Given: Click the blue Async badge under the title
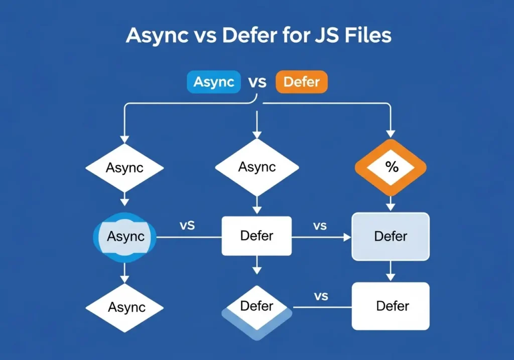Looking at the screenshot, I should coord(214,82).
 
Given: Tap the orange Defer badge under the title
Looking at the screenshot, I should coord(301,82).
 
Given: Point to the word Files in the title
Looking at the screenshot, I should coord(365,36).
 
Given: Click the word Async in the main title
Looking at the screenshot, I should coord(156,36).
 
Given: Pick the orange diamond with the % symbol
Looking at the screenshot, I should coord(391,168).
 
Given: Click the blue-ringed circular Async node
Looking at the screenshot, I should coord(125,236).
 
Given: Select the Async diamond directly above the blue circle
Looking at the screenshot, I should coord(125,168).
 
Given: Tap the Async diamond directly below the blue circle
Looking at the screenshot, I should coord(125,307).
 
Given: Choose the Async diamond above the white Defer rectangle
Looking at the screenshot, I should coord(256,167).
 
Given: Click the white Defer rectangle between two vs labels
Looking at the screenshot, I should coord(256,235).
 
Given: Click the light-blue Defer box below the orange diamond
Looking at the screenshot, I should coord(391,236).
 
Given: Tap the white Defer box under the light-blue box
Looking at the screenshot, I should coord(391,306).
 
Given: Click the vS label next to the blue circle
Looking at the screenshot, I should coord(187,225).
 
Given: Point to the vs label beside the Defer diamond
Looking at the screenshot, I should coord(321,296).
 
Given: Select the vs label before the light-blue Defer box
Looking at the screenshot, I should coord(320,226).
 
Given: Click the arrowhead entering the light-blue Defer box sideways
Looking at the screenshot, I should coord(347,236).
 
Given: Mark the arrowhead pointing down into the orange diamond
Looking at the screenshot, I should coord(391,135).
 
